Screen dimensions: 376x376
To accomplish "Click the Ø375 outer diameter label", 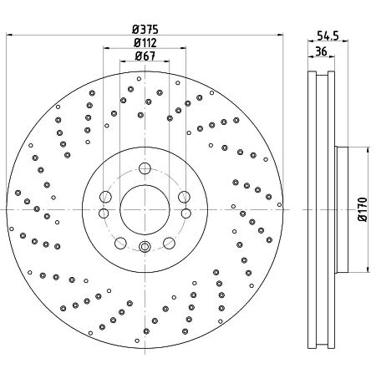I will pyautogui.click(x=145, y=30).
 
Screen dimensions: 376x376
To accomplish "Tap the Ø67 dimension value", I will pyautogui.click(x=145, y=56).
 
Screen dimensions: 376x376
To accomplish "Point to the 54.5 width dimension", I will pyautogui.click(x=328, y=35).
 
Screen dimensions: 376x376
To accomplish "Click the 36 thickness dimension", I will pyautogui.click(x=321, y=51).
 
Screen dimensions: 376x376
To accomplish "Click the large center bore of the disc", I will pyautogui.click(x=145, y=210).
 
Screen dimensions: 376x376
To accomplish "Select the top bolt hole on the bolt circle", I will pyautogui.click(x=145, y=168).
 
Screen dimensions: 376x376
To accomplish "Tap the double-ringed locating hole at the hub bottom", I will pyautogui.click(x=145, y=247).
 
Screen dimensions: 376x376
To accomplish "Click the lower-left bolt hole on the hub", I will pyautogui.click(x=120, y=243).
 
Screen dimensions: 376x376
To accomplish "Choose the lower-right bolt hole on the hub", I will pyautogui.click(x=169, y=243).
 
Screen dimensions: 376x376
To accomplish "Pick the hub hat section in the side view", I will pyautogui.click(x=342, y=210).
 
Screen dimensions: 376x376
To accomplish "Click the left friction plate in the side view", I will pyautogui.click(x=312, y=210).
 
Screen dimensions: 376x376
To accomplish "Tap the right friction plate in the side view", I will pyautogui.click(x=331, y=210).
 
